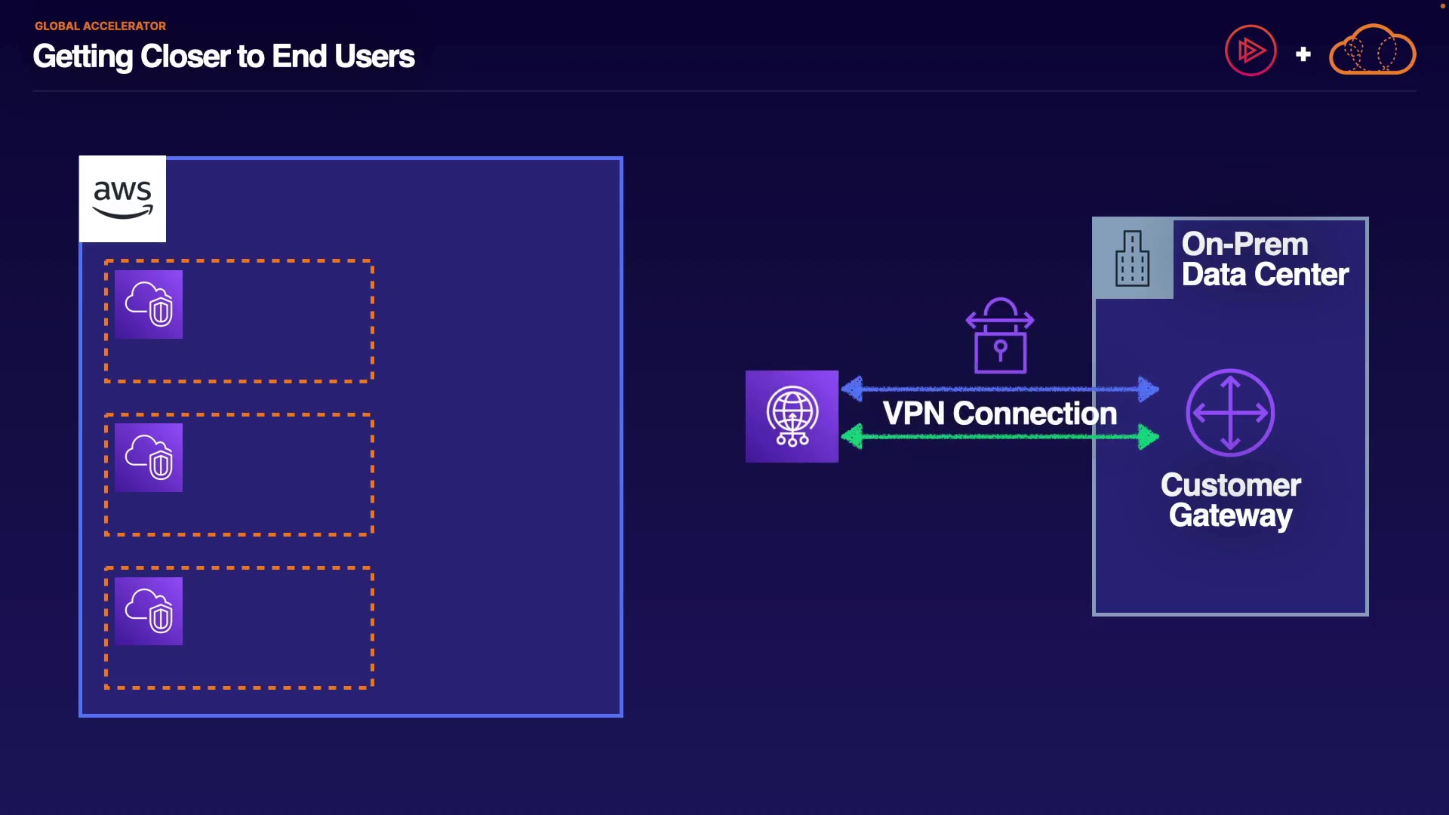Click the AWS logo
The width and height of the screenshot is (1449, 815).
tap(122, 199)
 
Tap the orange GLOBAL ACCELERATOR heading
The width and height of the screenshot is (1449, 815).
tap(100, 26)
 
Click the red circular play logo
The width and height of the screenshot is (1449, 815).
tap(1251, 51)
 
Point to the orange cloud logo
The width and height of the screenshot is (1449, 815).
tap(1372, 51)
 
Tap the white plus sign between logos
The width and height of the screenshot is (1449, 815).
tap(1303, 54)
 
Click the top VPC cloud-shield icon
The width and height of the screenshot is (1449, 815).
tap(149, 304)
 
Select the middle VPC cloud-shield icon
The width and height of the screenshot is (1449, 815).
tap(149, 457)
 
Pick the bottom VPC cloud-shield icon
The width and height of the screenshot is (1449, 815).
tap(149, 611)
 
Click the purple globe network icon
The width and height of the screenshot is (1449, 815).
tap(792, 417)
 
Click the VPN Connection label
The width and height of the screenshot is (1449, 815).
tap(999, 414)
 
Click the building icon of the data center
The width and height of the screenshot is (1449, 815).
tap(1132, 259)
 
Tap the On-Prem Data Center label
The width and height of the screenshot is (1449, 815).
tap(1264, 260)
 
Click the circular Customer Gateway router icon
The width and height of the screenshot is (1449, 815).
tap(1230, 413)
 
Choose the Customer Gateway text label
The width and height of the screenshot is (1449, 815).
tap(1230, 500)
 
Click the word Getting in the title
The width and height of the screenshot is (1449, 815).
tap(83, 57)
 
